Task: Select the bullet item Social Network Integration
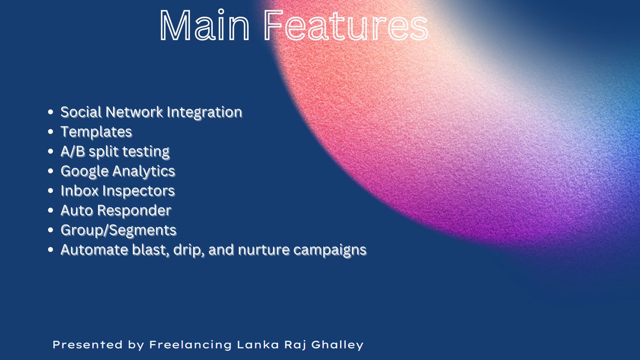coord(151,112)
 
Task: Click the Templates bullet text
coord(96,131)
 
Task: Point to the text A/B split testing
coord(115,151)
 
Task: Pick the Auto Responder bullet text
coord(116,210)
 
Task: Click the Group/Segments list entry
coord(118,230)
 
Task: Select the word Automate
coord(90,250)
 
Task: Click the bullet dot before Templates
coord(51,132)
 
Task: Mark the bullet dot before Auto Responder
coord(51,211)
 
